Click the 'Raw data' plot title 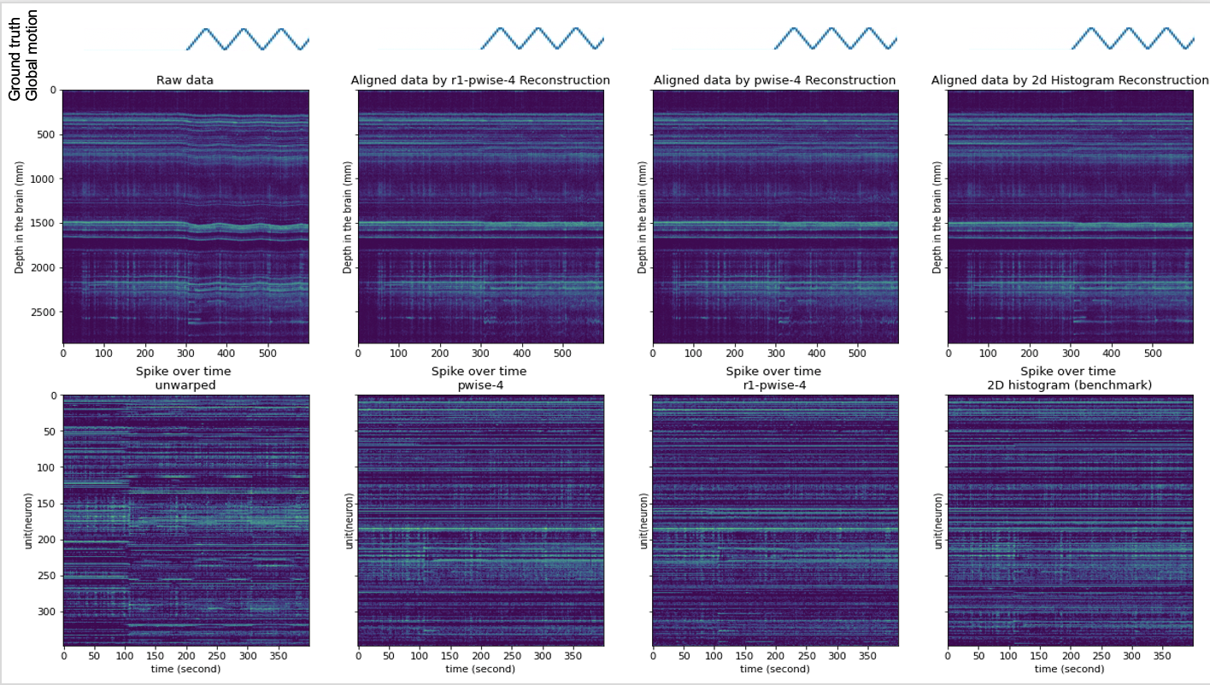point(185,80)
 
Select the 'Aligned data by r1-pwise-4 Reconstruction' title point(480,80)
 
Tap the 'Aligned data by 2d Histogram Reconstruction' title point(1070,80)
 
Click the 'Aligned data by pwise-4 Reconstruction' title point(774,80)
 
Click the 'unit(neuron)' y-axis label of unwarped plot point(28,521)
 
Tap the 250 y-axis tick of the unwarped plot point(46,576)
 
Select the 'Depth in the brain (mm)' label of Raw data point(19,217)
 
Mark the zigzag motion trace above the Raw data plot point(248,39)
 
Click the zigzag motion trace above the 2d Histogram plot point(1132,39)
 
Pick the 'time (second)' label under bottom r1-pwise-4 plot point(774,669)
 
